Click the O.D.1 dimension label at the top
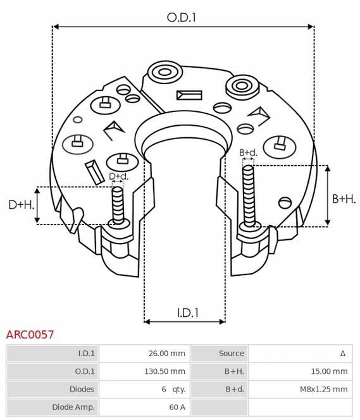(x=181, y=18)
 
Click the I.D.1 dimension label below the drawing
(x=187, y=312)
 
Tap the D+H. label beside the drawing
(x=20, y=205)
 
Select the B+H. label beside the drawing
(x=344, y=199)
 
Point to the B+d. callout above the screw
(x=249, y=153)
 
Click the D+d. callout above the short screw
(x=118, y=176)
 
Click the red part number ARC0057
(x=30, y=335)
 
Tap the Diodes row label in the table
(x=82, y=389)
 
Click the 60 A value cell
(x=177, y=407)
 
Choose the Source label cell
(x=231, y=354)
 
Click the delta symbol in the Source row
(x=342, y=354)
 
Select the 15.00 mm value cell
(x=331, y=371)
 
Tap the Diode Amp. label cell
(x=75, y=407)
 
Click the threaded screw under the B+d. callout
(x=248, y=193)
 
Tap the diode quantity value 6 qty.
(x=173, y=389)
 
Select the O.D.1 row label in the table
(x=85, y=371)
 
